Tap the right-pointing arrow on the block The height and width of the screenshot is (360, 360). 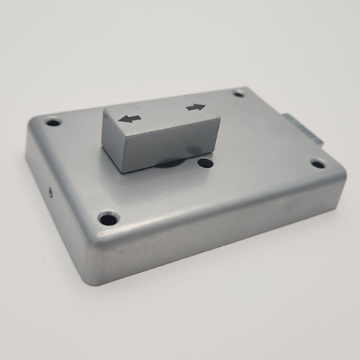coord(195,108)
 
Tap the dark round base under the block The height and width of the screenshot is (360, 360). coord(170,164)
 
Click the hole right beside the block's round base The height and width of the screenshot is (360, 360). coord(205,163)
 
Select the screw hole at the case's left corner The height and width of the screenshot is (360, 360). coord(53,123)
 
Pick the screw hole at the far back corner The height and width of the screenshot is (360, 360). coord(238,93)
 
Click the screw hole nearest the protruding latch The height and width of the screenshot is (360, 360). coord(318,163)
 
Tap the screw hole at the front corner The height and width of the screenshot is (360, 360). coord(108,216)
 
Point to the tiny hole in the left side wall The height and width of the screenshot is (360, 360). coord(50,192)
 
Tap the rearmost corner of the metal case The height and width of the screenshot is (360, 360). coord(245,86)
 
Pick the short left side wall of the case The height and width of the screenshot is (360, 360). coord(58,194)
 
